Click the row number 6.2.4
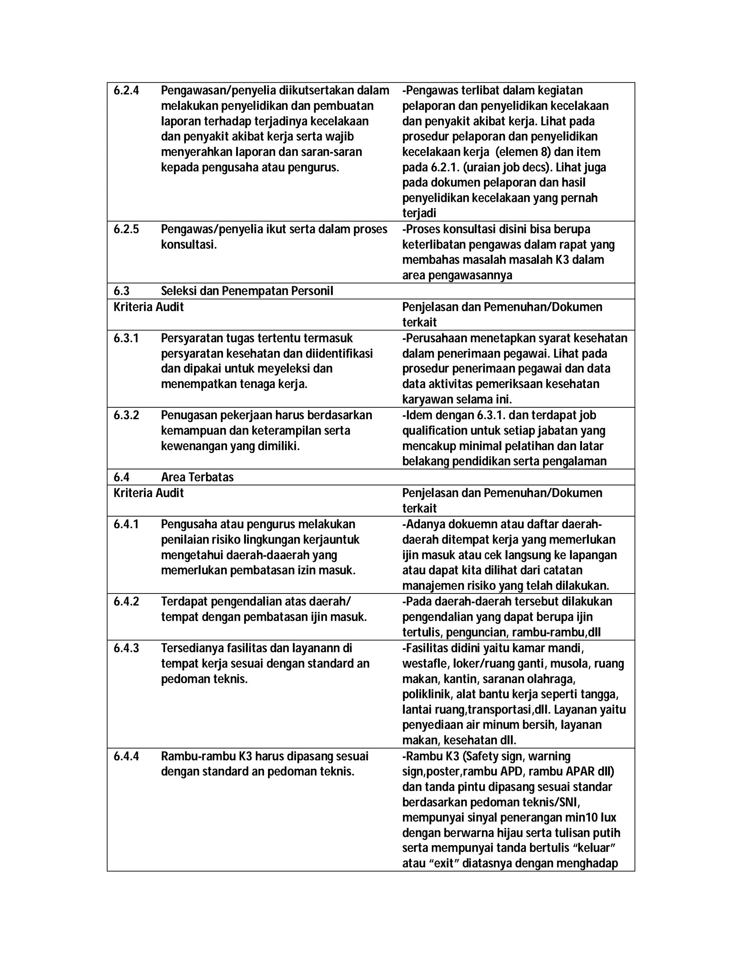(126, 91)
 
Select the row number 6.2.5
(126, 229)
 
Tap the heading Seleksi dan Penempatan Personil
(247, 291)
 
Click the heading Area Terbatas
(197, 477)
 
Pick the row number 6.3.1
(126, 338)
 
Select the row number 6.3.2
(126, 415)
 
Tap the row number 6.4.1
(126, 524)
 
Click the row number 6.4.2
(126, 602)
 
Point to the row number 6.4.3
(126, 648)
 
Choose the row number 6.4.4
(126, 756)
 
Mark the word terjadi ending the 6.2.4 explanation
(419, 213)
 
